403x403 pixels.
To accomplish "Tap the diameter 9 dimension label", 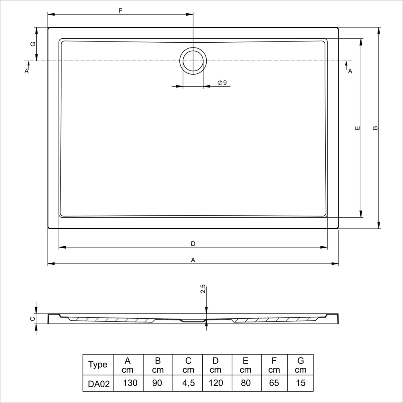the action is click(222, 83).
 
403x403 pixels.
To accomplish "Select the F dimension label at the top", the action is click(120, 11).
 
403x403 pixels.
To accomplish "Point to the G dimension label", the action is click(33, 44).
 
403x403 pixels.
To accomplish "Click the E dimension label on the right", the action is click(357, 128).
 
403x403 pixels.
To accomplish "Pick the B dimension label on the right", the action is click(375, 128).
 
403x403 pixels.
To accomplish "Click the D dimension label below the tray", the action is click(193, 244).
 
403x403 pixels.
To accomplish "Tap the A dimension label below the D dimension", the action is click(193, 260).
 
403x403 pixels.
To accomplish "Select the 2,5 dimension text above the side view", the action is click(203, 289).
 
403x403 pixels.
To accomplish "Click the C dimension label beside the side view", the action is click(32, 319).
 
